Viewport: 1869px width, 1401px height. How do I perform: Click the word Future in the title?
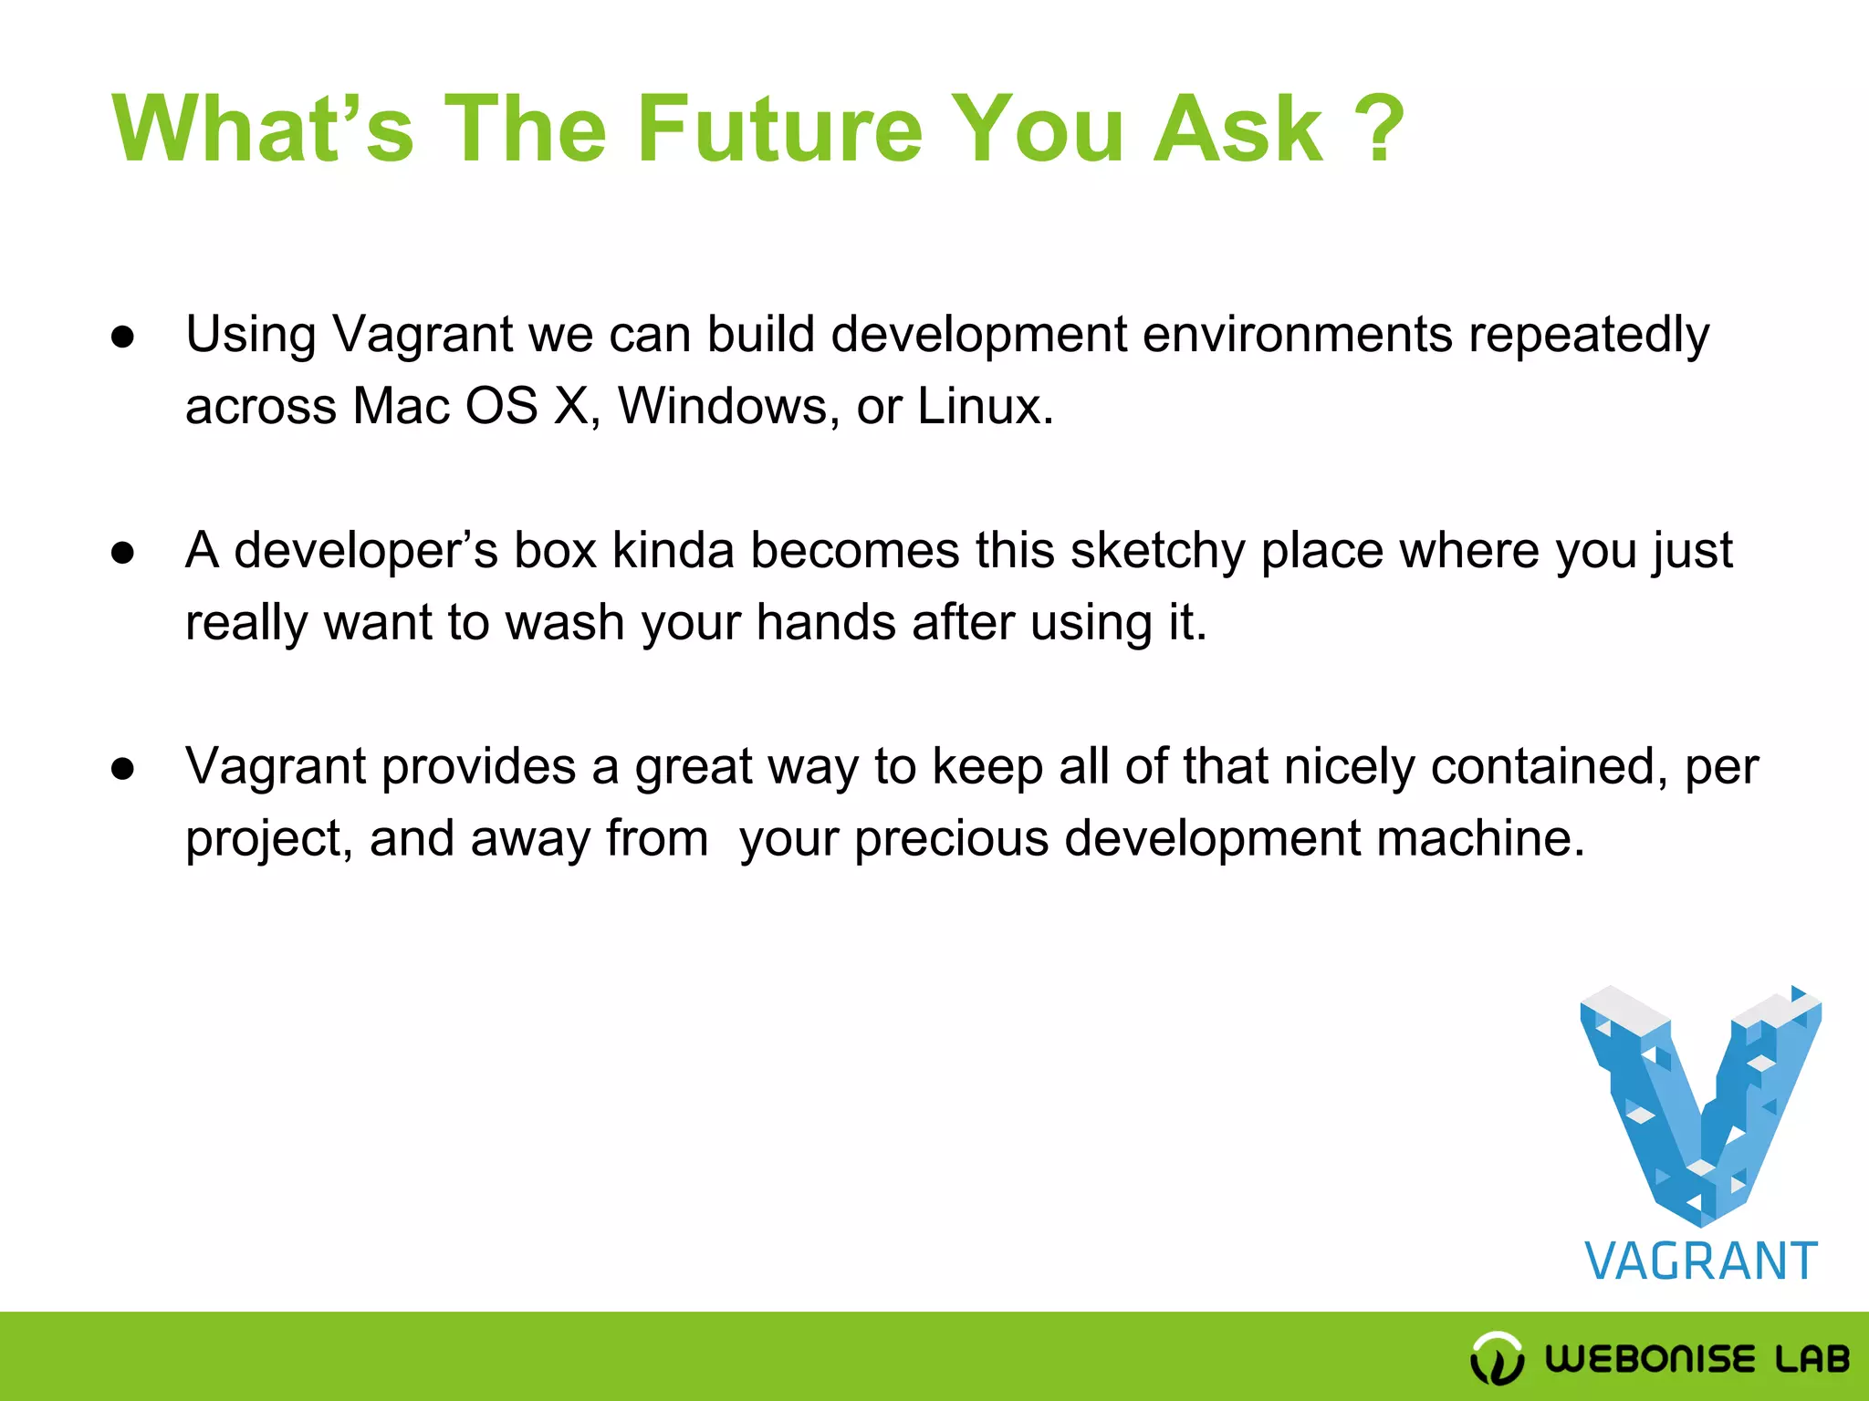pyautogui.click(x=780, y=130)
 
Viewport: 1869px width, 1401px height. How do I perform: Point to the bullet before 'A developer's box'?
pyautogui.click(x=123, y=553)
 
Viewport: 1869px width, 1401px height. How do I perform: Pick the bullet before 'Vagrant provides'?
pyautogui.click(x=123, y=769)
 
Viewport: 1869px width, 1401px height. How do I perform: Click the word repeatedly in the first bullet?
pyautogui.click(x=1588, y=336)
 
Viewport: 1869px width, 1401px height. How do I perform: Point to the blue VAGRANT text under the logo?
pyautogui.click(x=1701, y=1262)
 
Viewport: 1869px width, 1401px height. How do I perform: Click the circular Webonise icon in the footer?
pyautogui.click(x=1497, y=1357)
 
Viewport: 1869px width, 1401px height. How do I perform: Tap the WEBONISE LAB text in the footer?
pyautogui.click(x=1697, y=1358)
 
